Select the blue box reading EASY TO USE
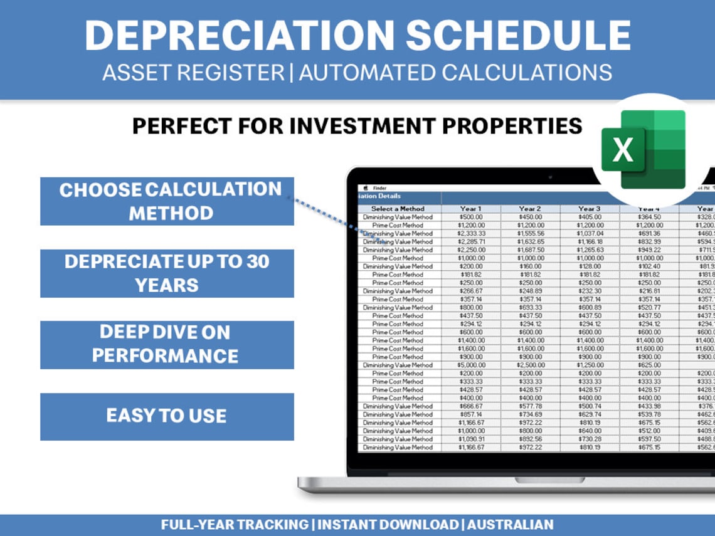tap(167, 416)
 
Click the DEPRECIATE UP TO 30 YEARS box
tap(167, 273)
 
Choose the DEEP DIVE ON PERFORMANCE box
tap(167, 345)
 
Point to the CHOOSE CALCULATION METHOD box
tap(167, 201)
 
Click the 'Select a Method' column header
tap(398, 209)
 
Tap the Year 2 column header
tap(530, 209)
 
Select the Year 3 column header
tap(590, 209)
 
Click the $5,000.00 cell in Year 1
tap(470, 365)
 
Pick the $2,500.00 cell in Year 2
tap(530, 365)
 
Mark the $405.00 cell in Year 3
tap(590, 217)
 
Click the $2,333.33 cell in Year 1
tap(470, 233)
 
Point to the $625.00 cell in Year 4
tap(649, 365)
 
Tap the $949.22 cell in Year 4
tap(649, 250)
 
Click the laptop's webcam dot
tap(550, 177)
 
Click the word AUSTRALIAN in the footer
tap(511, 525)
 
